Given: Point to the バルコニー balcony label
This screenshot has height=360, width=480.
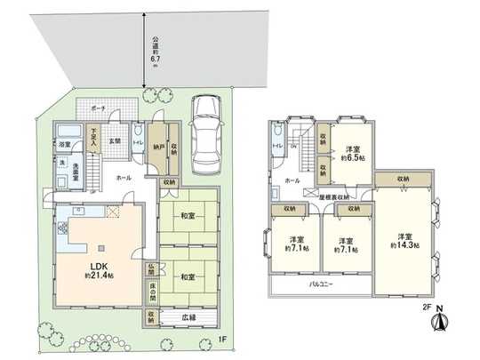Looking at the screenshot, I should tap(320, 286).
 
